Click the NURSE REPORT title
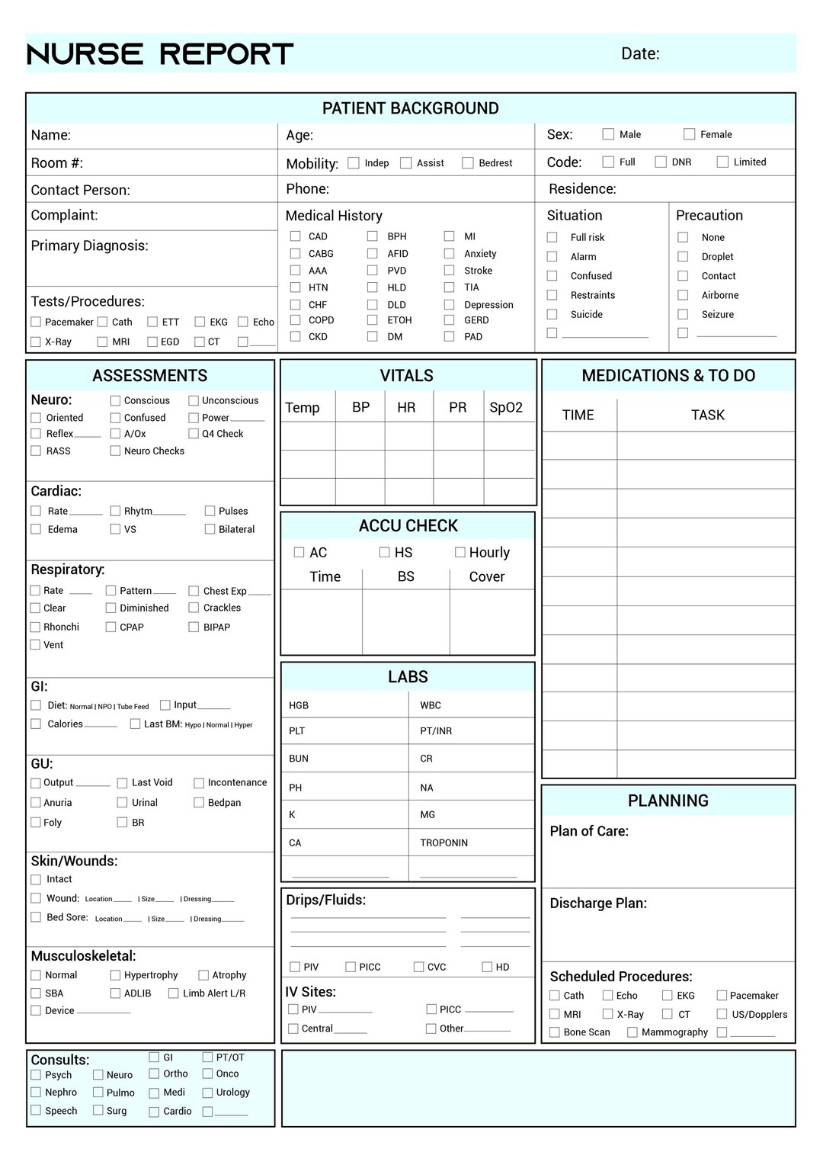point(160,54)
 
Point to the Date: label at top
point(640,53)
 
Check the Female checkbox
point(689,134)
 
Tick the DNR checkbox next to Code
point(661,162)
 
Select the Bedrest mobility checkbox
point(468,163)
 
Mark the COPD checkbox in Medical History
point(295,320)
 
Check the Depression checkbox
point(450,304)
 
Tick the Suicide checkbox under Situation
point(552,314)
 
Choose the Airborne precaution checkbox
point(683,295)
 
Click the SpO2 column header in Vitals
point(506,407)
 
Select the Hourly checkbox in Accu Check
point(460,552)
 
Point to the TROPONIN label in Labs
point(444,842)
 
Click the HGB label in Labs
point(299,705)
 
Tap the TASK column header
point(707,415)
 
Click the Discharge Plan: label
point(598,903)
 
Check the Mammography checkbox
point(632,1032)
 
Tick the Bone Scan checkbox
point(555,1032)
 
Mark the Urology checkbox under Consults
point(207,1092)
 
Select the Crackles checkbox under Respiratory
point(194,608)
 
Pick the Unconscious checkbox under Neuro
point(194,400)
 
